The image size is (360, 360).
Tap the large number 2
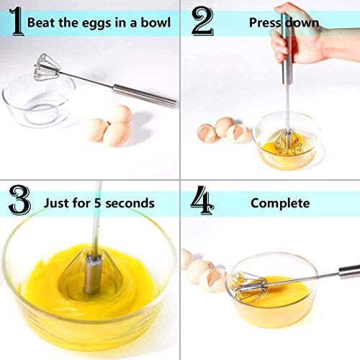(x=202, y=22)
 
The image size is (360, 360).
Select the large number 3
(x=19, y=199)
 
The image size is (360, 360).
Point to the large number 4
(x=202, y=202)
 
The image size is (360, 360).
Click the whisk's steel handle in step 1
(x=144, y=94)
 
